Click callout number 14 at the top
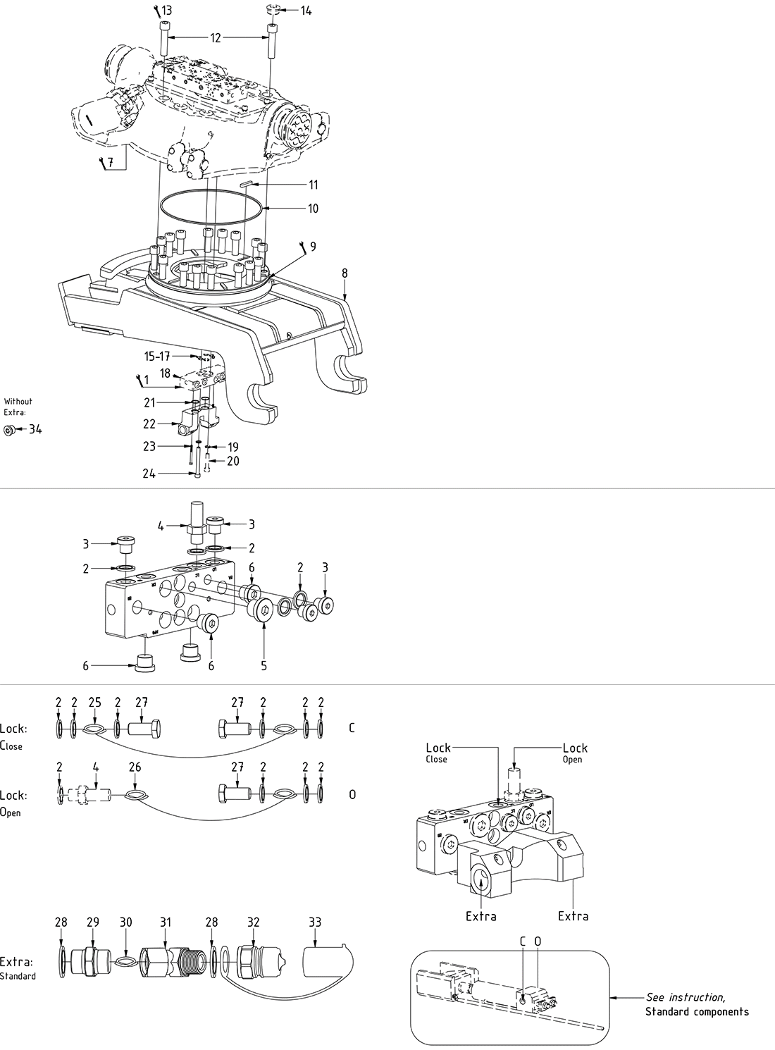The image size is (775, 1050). (306, 11)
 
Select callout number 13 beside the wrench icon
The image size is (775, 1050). (166, 11)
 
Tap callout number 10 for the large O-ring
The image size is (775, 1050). (313, 209)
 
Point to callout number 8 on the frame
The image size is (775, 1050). (345, 273)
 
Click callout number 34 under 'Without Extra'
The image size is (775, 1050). (35, 428)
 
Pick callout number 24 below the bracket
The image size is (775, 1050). (149, 474)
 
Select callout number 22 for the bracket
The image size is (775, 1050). (149, 424)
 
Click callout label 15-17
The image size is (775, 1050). (157, 357)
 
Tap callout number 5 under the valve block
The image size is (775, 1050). (263, 665)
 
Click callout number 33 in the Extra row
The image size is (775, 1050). (315, 922)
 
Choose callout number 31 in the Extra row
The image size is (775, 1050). (165, 922)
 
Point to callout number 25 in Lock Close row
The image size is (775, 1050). (95, 702)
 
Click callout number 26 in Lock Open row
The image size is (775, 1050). (135, 767)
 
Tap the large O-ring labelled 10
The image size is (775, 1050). (214, 209)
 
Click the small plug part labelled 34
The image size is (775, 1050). (9, 429)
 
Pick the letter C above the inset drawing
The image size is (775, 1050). (523, 941)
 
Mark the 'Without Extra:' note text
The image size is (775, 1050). (18, 406)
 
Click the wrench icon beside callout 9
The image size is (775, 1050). (302, 246)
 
